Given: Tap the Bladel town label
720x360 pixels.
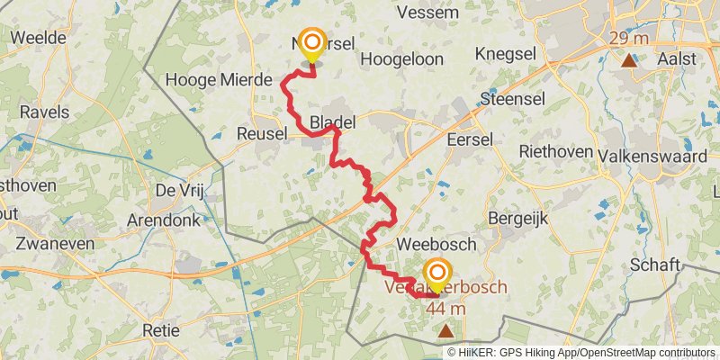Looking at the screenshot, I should coord(332,121).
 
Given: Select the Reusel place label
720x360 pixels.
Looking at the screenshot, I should coord(260,133).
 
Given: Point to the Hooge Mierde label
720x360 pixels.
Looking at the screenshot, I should coord(220,80).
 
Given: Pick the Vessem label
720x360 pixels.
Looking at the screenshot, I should coord(427,13).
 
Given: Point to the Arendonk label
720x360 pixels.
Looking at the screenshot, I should coord(167,220).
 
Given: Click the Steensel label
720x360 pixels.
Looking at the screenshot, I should coord(514,97).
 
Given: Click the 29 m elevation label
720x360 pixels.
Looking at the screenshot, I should coord(629,38).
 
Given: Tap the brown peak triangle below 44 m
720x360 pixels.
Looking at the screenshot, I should coord(446,330).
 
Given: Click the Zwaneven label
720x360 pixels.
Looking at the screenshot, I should coord(50,243).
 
